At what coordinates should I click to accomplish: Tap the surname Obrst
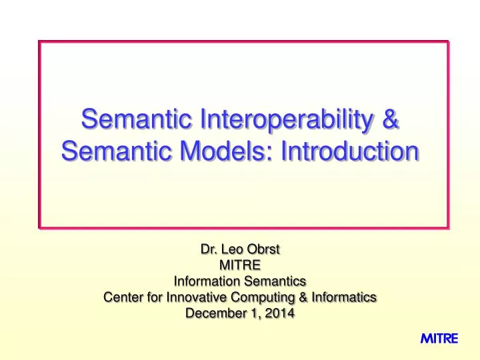(x=265, y=251)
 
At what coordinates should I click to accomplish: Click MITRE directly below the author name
(x=240, y=266)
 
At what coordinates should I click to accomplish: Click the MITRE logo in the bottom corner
(x=439, y=339)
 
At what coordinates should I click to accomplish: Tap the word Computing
(x=251, y=297)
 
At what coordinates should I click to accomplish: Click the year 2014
(x=279, y=312)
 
